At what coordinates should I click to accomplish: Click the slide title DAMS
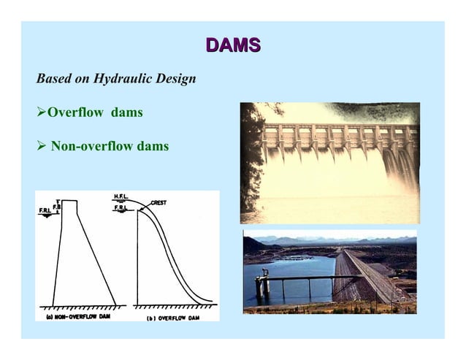coord(232,46)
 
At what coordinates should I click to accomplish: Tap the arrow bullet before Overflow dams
coord(41,113)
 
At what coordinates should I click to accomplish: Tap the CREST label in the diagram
coord(161,202)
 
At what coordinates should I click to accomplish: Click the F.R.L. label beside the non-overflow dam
coord(45,212)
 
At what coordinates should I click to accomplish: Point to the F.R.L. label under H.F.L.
coord(122,209)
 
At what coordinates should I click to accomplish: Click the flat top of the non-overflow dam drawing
coord(69,200)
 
